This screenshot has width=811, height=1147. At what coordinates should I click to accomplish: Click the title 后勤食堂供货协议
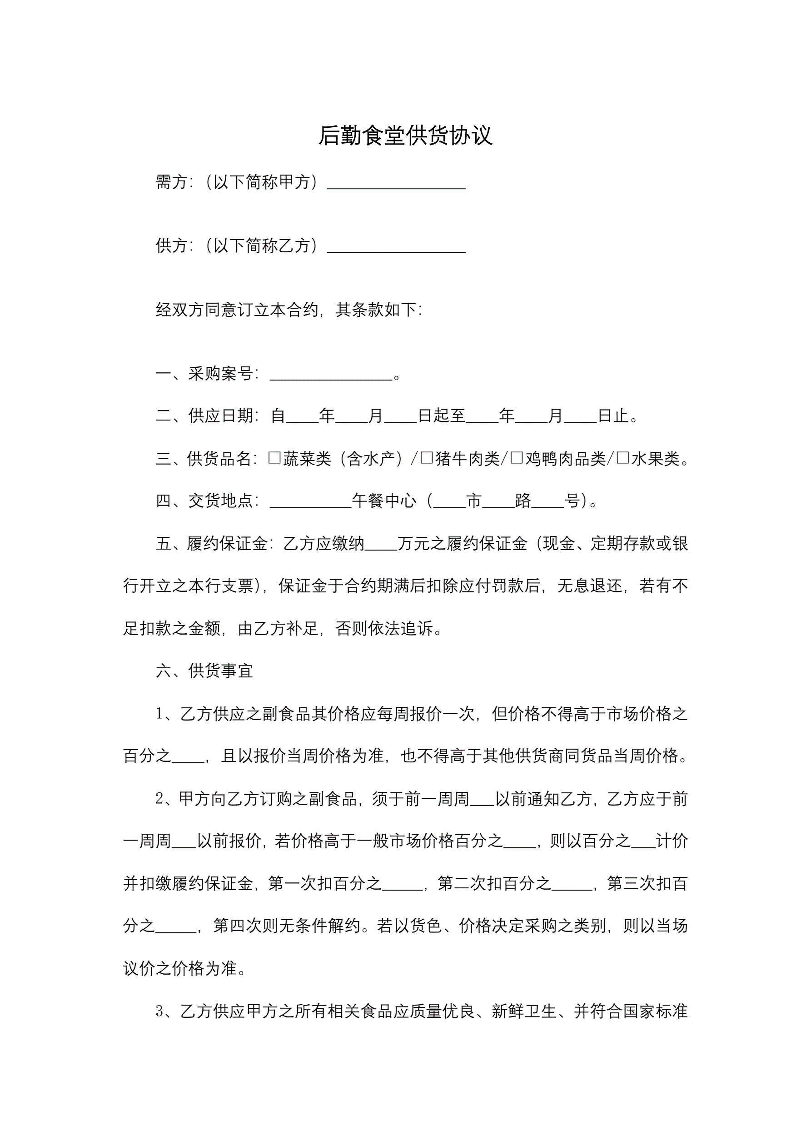[x=405, y=135]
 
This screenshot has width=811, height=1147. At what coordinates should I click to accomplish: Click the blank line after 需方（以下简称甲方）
[x=396, y=184]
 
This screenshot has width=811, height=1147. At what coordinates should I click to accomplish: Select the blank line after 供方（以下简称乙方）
[x=396, y=247]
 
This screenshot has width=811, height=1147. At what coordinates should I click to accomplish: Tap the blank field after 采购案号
[x=331, y=375]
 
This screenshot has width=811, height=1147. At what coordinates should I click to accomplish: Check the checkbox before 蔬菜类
[x=274, y=458]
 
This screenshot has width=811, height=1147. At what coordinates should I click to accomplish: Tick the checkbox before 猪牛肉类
[x=427, y=458]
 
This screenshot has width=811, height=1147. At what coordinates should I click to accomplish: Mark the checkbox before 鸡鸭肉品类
[x=517, y=458]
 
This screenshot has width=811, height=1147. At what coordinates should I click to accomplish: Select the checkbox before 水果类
[x=623, y=458]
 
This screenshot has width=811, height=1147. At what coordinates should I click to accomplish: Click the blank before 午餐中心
[x=310, y=501]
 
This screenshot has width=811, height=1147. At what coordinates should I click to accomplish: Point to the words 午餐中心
[x=383, y=501]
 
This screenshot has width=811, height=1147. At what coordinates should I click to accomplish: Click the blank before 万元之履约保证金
[x=381, y=545]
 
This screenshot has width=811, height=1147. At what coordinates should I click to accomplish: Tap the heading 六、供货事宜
[x=204, y=671]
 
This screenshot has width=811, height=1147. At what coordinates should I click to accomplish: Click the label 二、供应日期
[x=207, y=416]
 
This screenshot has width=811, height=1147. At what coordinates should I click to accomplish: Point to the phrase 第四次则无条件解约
[x=287, y=926]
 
